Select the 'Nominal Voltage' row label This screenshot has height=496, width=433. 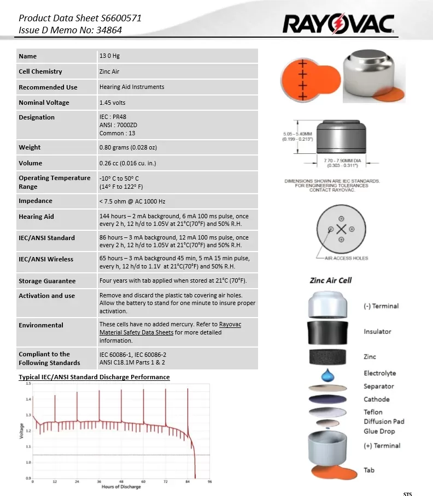point(44,103)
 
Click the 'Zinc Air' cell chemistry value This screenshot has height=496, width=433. point(109,71)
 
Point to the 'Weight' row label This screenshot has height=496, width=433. point(30,147)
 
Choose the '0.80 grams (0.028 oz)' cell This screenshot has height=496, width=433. point(128,147)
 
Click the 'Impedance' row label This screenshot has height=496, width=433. point(36,201)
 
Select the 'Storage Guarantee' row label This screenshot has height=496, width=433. point(47,281)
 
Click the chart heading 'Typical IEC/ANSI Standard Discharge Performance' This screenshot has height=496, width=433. point(94,377)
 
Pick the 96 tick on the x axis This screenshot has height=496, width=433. point(210,482)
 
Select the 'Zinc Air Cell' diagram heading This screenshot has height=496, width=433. point(331,280)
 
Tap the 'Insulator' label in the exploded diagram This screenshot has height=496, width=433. point(377,332)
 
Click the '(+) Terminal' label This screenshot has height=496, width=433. point(382,446)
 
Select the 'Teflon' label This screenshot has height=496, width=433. point(373,412)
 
